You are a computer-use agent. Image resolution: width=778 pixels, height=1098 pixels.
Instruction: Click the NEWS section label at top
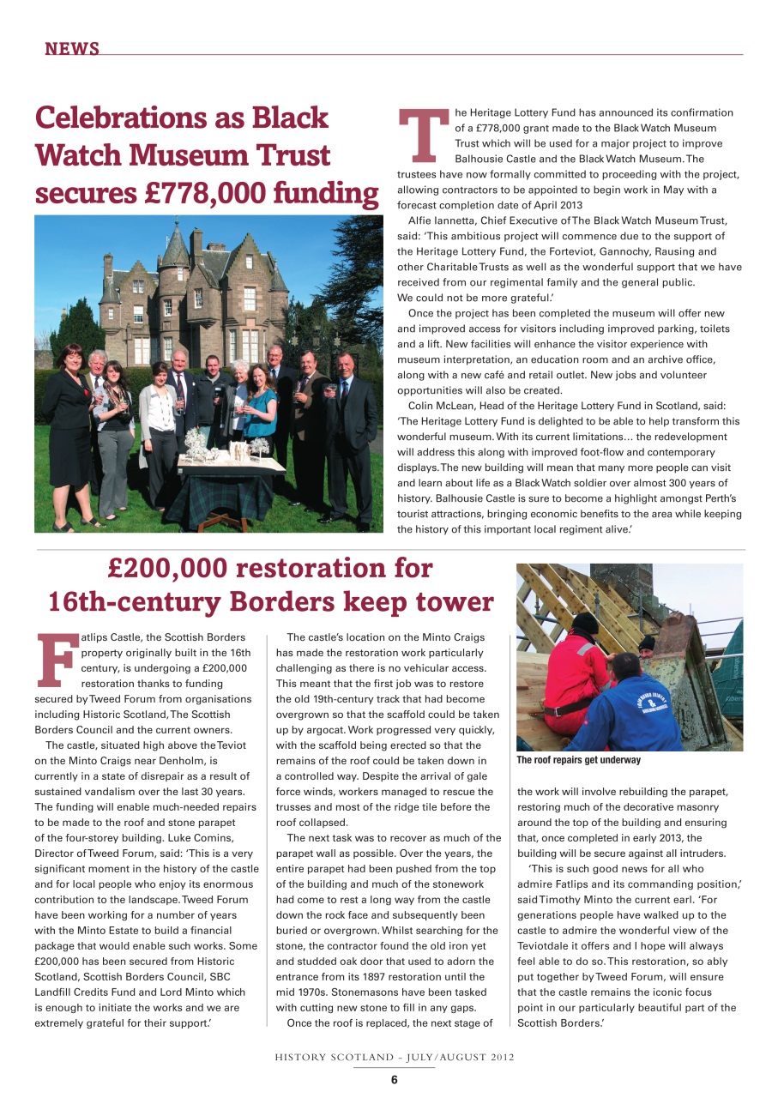click(72, 49)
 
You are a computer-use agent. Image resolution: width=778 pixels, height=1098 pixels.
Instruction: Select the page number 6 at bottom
click(394, 1080)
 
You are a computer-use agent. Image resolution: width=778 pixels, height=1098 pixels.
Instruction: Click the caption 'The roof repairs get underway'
click(578, 760)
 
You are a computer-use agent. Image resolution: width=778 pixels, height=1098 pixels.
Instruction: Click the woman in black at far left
click(69, 429)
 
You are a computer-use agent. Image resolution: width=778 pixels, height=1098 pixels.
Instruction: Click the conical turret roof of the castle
click(174, 249)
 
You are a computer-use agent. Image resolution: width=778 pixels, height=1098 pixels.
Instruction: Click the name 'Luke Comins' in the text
click(193, 837)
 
